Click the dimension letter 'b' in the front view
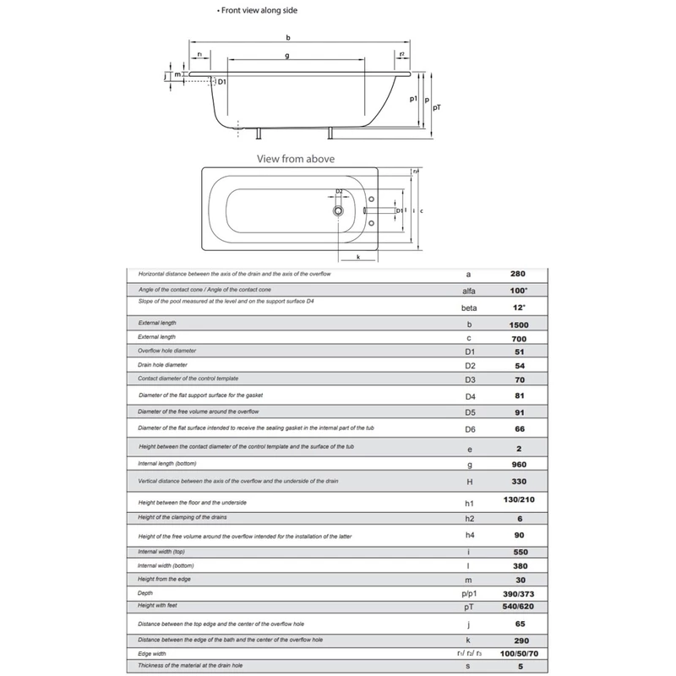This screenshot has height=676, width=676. [289, 38]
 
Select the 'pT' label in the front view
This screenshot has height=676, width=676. [436, 108]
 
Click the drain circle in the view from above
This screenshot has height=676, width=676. [339, 208]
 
